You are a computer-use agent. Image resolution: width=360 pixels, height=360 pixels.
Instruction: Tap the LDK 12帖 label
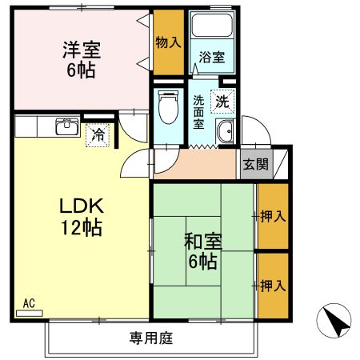(x=81, y=217)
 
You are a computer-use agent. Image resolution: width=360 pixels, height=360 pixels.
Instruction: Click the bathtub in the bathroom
(x=209, y=30)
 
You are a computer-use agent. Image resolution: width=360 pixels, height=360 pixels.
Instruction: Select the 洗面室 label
(x=199, y=113)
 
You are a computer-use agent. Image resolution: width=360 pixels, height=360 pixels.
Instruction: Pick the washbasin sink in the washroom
(x=226, y=133)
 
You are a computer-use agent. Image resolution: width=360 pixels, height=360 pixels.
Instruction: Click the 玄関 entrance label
(x=255, y=166)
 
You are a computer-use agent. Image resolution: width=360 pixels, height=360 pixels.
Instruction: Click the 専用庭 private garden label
(x=151, y=338)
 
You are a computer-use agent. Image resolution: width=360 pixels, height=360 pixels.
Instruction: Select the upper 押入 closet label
(x=271, y=215)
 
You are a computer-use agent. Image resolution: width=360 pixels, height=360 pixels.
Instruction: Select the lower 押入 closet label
(x=271, y=284)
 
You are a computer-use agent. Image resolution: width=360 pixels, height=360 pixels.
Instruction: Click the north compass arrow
(x=337, y=322)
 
